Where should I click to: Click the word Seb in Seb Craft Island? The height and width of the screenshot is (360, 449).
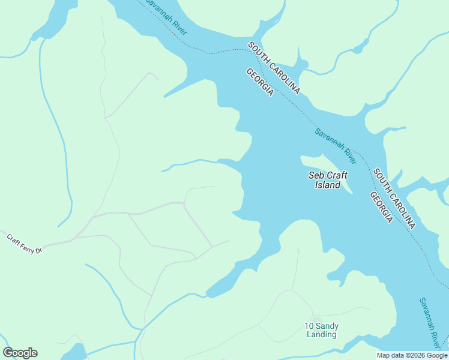coord(316,175)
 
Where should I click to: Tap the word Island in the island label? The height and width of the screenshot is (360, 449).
coord(328,185)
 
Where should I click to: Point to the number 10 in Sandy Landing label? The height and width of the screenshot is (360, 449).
coord(309,326)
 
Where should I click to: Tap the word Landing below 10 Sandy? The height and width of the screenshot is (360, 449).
coord(321,334)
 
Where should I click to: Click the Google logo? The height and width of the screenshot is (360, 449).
coord(20,353)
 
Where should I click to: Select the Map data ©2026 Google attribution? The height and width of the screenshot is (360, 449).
coord(412,355)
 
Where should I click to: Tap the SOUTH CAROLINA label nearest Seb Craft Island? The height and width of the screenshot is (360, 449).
coord(394,199)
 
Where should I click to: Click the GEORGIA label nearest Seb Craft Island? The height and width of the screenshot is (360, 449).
coord(381,208)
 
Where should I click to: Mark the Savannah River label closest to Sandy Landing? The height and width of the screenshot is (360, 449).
coord(430,322)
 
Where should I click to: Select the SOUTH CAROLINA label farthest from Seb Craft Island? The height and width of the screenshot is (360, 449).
coord(274,68)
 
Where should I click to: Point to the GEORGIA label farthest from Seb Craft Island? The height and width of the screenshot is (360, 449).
coord(260,82)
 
